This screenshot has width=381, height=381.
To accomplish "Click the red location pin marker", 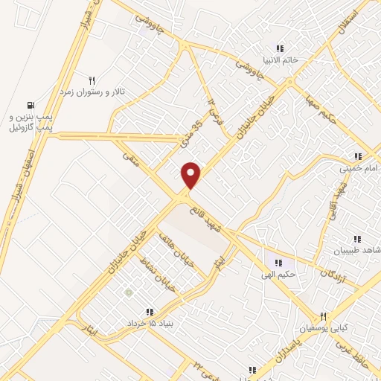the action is (x=191, y=175).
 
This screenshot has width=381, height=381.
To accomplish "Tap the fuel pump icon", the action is (x=31, y=105).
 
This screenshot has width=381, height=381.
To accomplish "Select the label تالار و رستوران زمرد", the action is (x=93, y=91).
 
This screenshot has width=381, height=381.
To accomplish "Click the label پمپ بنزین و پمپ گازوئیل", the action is (x=34, y=123).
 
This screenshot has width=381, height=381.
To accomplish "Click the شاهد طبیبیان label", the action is (x=359, y=251).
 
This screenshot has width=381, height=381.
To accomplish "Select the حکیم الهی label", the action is (x=280, y=275).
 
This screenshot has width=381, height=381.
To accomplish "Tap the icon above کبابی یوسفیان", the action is (x=323, y=316).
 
